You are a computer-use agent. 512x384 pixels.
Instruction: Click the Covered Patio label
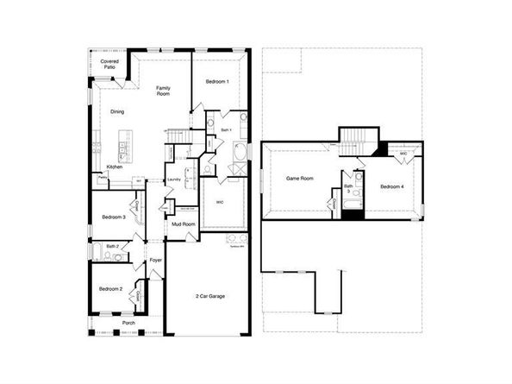109,66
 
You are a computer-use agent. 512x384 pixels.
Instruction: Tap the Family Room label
162,91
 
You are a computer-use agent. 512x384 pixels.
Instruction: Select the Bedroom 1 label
216,81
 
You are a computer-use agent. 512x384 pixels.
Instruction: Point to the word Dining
117,111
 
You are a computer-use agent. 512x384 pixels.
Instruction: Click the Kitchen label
115,167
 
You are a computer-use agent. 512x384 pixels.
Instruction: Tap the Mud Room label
183,224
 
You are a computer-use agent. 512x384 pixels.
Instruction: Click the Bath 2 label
112,246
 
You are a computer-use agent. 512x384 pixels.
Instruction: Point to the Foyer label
155,260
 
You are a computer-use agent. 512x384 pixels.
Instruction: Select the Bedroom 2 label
109,288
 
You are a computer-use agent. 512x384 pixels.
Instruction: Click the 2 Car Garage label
210,296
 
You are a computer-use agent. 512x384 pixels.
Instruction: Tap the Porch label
128,323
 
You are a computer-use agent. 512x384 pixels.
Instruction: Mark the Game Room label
299,179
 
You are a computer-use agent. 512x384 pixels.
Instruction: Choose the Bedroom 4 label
391,186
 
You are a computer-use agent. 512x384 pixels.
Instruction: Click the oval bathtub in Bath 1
239,154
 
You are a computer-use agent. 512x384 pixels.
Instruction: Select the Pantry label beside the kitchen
102,177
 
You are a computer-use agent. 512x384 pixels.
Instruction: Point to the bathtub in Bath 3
349,206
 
